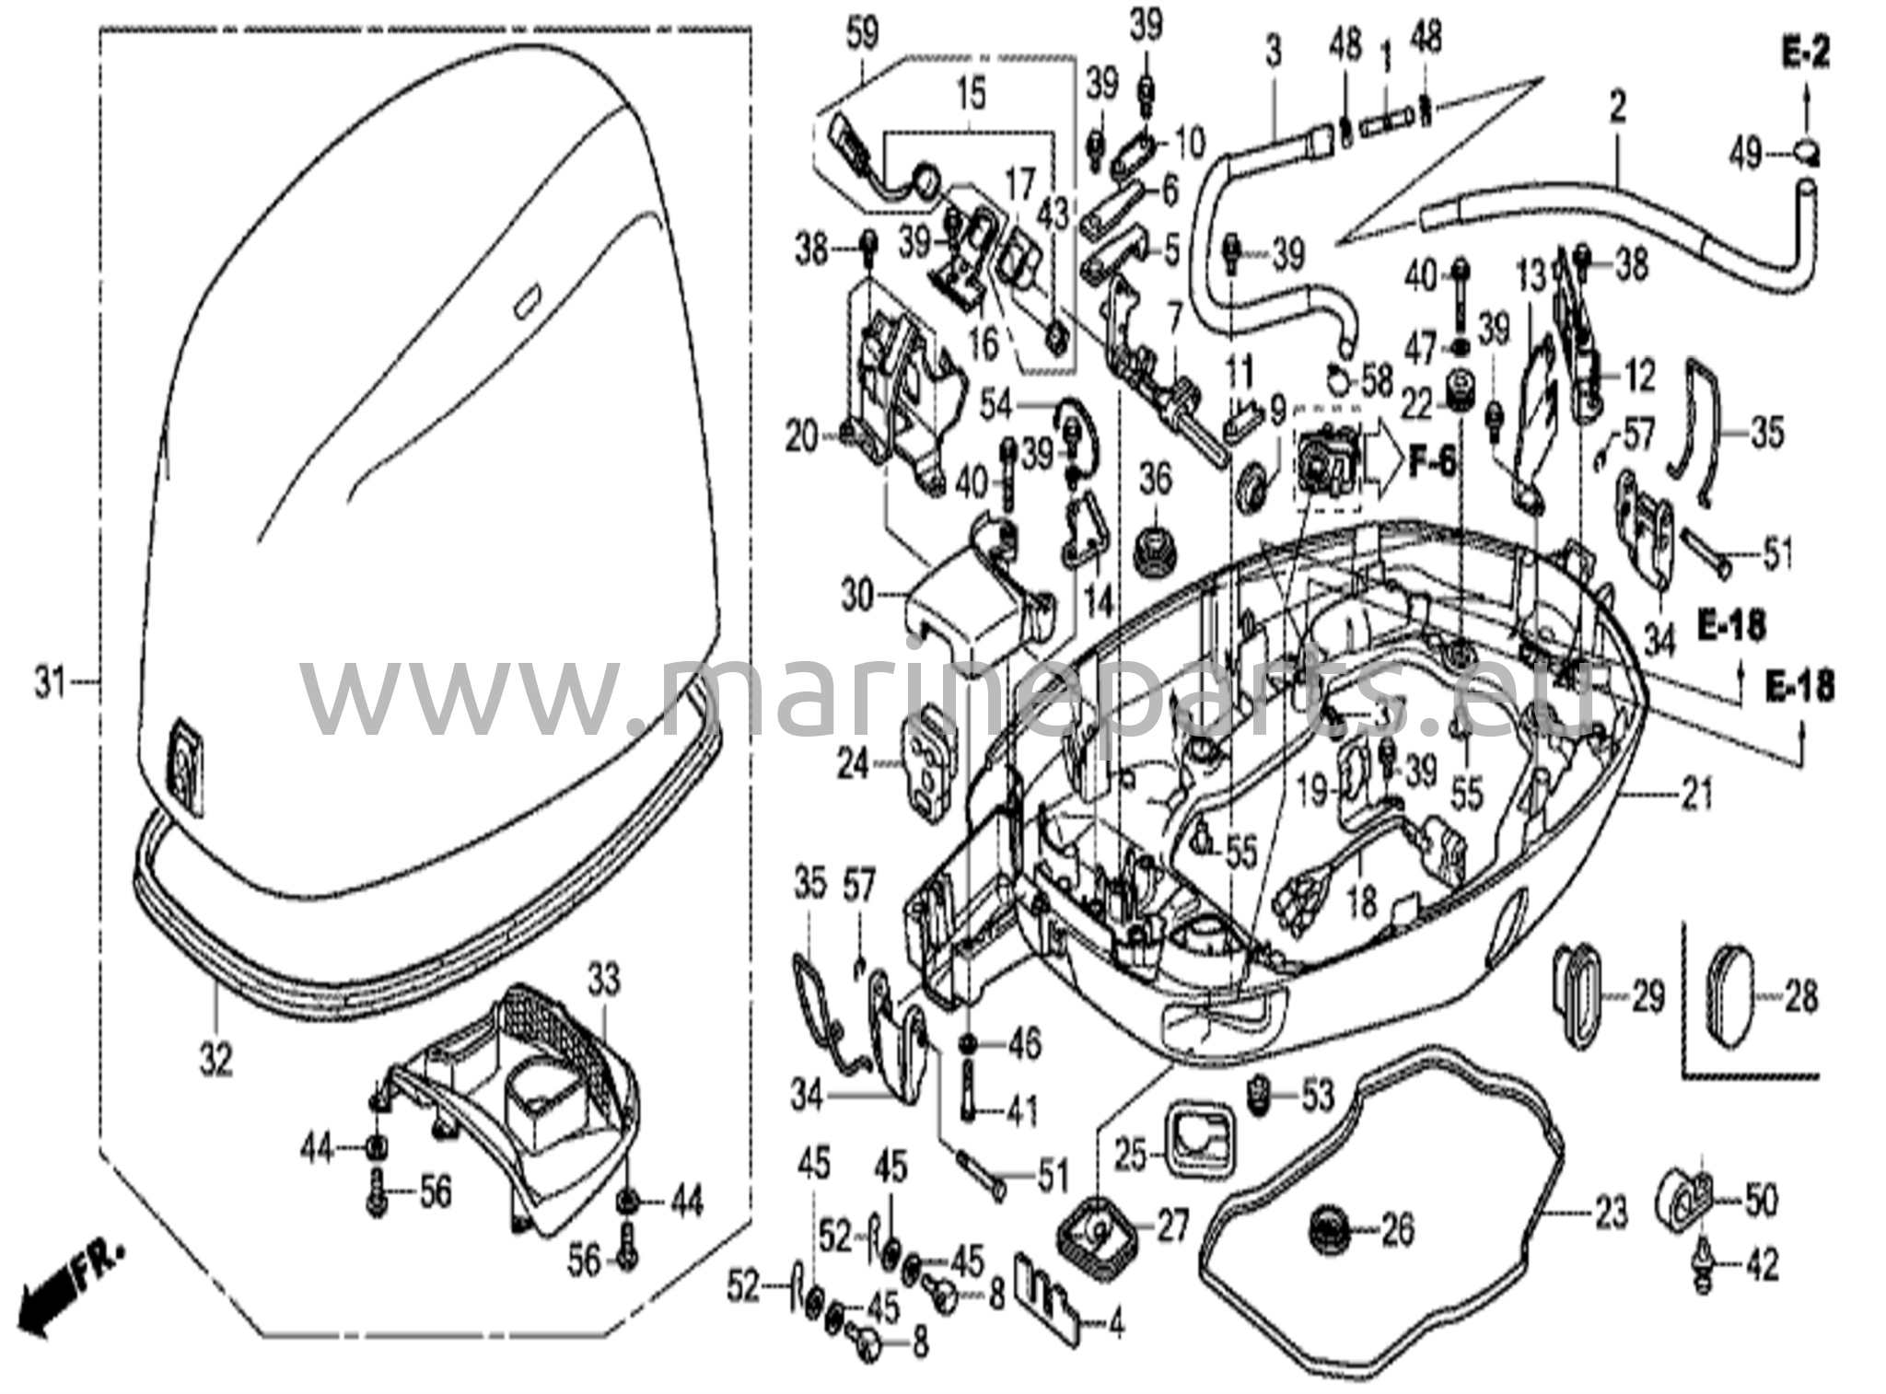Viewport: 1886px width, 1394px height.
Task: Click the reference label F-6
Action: [1433, 461]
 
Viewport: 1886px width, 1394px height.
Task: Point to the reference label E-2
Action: [1804, 54]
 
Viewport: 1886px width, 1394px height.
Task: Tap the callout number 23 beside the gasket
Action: [1611, 1214]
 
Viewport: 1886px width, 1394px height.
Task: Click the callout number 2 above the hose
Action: [1617, 108]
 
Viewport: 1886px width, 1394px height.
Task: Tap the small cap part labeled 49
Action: [1807, 150]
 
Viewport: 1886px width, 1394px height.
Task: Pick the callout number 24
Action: [854, 762]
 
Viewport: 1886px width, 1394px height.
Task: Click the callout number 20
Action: [801, 437]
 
